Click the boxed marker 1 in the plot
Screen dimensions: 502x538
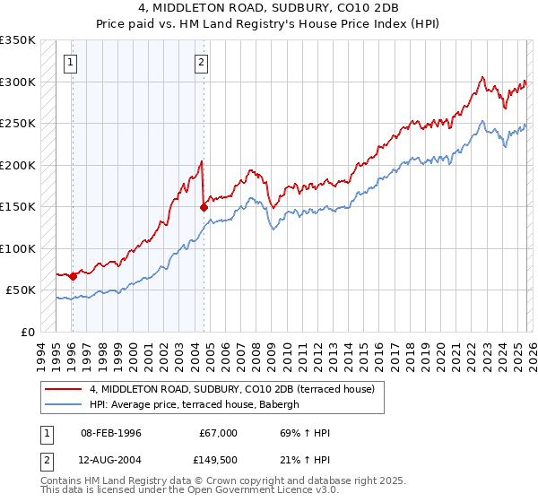(x=70, y=62)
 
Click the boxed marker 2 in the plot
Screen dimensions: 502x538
(x=202, y=62)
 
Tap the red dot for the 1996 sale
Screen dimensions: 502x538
(x=73, y=276)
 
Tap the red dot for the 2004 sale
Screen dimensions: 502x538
(x=204, y=207)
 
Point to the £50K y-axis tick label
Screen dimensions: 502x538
(x=21, y=290)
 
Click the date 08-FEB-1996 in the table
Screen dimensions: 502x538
(x=110, y=433)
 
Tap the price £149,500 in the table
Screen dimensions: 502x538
(x=218, y=459)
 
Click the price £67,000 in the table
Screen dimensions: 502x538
(x=218, y=433)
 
